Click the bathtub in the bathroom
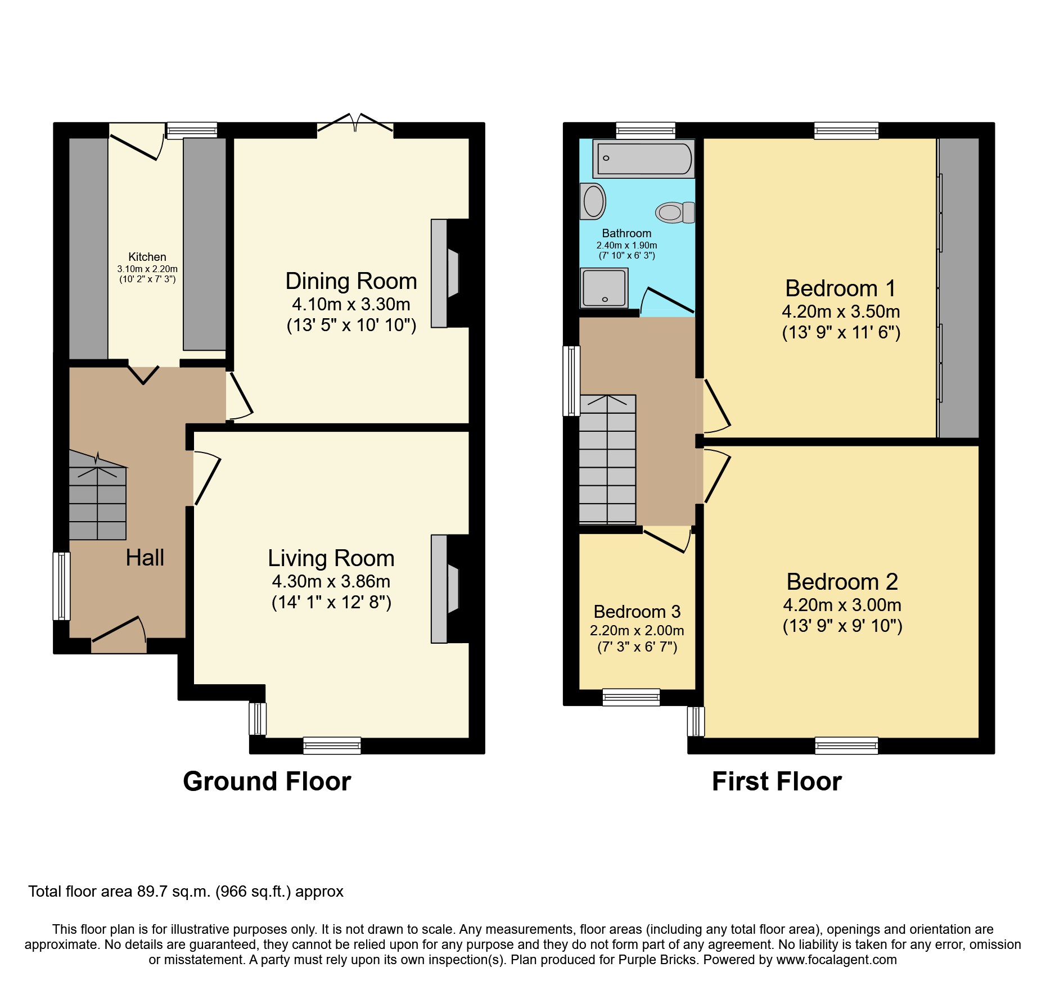[644, 159]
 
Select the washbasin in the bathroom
[593, 201]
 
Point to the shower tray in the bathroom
[604, 288]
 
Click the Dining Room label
[351, 281]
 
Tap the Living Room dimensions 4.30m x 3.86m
[331, 581]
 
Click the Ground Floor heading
[267, 781]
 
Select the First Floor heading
[777, 781]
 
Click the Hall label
[145, 558]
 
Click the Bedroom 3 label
[637, 612]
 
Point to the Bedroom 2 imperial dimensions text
[842, 626]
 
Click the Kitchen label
[147, 257]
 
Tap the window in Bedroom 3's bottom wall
[631, 697]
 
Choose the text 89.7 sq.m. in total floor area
[174, 892]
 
